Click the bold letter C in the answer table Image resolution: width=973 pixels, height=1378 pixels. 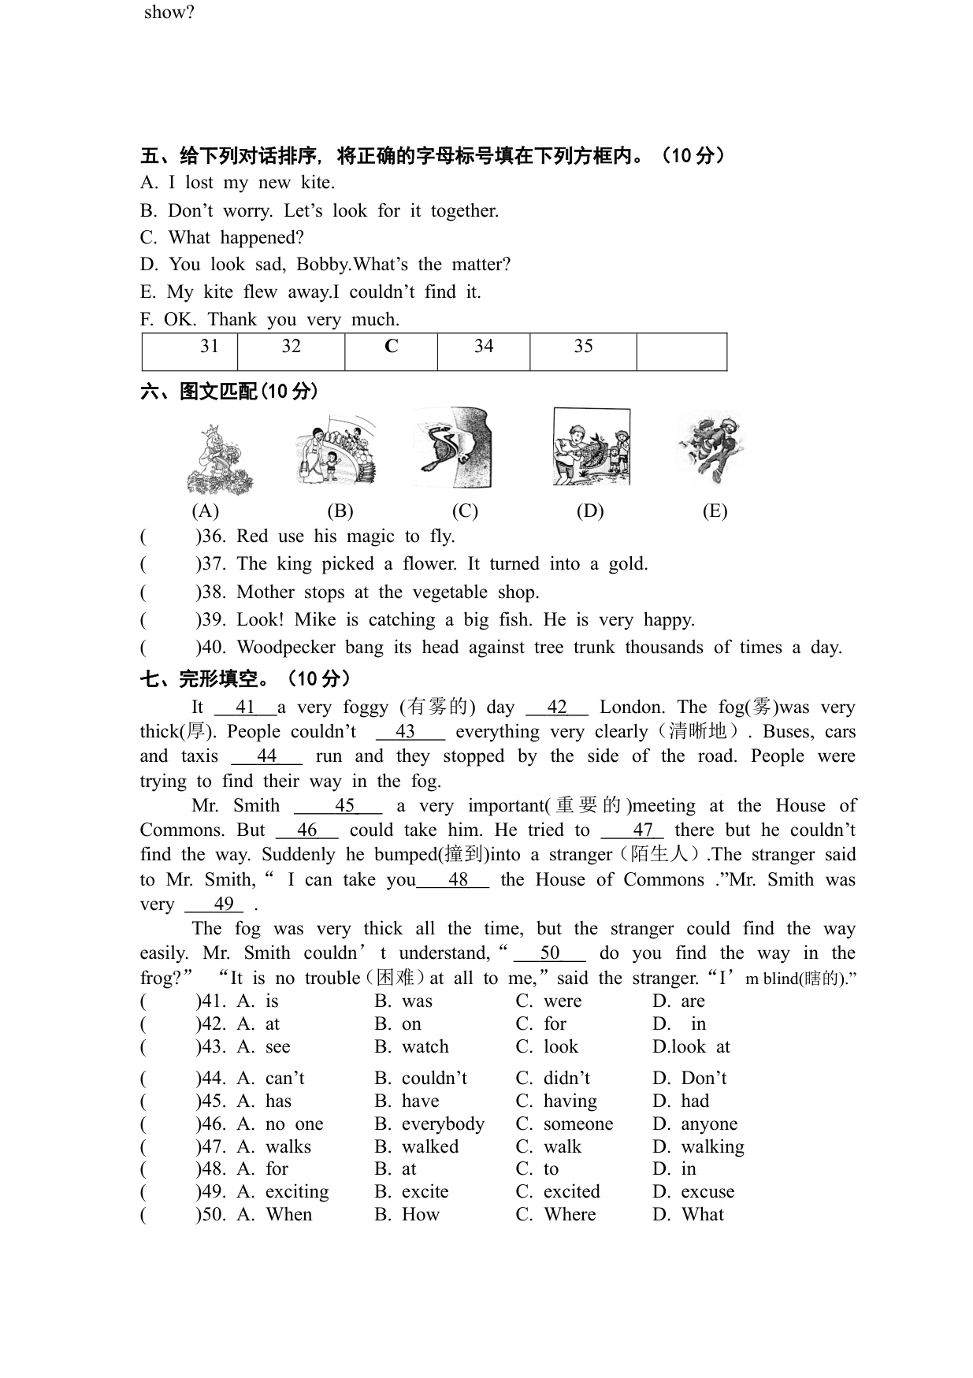(391, 347)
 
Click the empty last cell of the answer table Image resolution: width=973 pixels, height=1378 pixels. (681, 351)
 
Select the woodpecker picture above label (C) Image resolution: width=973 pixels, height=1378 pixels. (452, 447)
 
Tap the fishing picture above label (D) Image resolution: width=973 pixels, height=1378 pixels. (592, 447)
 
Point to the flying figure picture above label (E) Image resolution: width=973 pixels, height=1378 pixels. (710, 447)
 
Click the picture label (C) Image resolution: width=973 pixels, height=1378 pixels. (465, 511)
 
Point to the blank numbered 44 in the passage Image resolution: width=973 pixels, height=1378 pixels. (266, 756)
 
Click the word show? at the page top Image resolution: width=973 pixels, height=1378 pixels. (169, 13)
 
